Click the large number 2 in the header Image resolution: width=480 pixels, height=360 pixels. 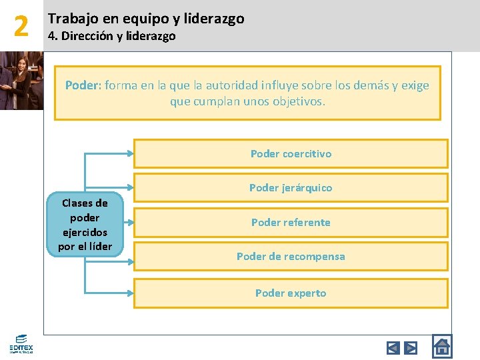[21, 26]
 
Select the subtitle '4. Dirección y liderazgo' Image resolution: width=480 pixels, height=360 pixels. [111, 36]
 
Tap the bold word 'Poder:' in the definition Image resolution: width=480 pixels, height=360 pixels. [83, 85]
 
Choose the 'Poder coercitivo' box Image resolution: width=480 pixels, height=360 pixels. [291, 153]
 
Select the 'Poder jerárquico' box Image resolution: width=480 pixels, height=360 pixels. [291, 187]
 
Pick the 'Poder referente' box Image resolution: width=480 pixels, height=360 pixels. [291, 222]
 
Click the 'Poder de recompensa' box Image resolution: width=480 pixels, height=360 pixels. [291, 256]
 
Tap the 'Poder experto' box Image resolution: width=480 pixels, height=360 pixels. [291, 293]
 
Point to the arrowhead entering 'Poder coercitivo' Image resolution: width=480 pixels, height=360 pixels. [130, 153]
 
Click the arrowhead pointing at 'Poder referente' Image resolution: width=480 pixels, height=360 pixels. [130, 222]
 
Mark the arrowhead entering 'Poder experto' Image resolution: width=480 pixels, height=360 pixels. [130, 293]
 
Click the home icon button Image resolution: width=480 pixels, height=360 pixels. [441, 346]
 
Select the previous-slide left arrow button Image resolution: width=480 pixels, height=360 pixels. [393, 347]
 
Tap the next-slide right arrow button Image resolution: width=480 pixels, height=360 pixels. [411, 347]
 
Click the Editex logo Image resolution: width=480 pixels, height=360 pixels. [21, 343]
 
